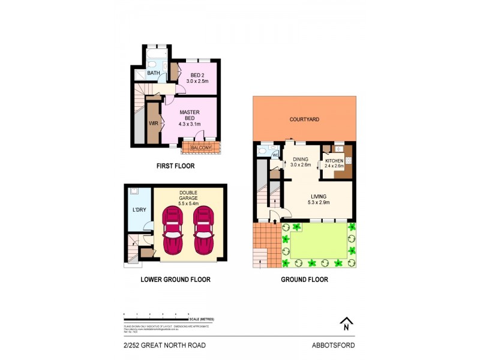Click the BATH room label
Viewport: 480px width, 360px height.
(154, 74)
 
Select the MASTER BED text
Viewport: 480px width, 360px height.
(190, 117)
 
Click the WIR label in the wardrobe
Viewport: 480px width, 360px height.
(153, 123)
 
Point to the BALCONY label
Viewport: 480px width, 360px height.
(200, 147)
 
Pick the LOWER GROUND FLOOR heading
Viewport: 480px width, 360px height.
(175, 280)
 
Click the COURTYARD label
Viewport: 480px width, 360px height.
(304, 119)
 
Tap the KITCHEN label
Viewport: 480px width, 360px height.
(334, 164)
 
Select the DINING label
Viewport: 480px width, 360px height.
(300, 162)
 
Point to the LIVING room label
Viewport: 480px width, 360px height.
(318, 199)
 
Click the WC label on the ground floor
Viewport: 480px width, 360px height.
(275, 155)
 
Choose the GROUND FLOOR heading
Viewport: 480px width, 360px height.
(305, 280)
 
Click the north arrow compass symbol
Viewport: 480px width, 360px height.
(346, 324)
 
